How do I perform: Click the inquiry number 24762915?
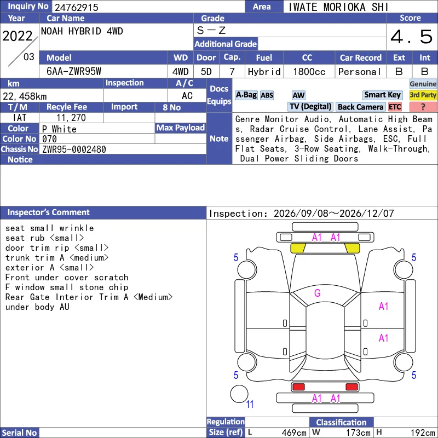click(x=76, y=7)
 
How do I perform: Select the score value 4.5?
click(x=412, y=37)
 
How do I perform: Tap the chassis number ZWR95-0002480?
click(x=74, y=149)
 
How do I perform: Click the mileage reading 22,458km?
click(x=25, y=96)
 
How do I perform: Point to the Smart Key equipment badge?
click(x=382, y=95)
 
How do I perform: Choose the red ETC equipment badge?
click(x=395, y=107)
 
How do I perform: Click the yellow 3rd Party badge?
click(x=423, y=95)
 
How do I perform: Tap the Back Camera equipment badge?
click(x=361, y=107)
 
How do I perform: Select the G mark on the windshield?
click(x=318, y=293)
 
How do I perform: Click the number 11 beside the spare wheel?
click(x=250, y=404)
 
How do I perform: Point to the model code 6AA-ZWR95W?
click(x=74, y=72)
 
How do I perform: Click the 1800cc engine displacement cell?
click(x=309, y=72)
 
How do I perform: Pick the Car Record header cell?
click(x=361, y=57)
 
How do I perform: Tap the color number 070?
click(x=49, y=139)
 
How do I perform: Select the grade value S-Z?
click(x=211, y=30)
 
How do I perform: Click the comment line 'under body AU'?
click(x=37, y=307)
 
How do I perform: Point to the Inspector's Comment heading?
click(x=48, y=212)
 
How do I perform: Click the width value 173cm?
click(x=359, y=433)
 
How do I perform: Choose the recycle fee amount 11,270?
click(x=71, y=118)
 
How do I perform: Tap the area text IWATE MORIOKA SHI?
click(x=338, y=7)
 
